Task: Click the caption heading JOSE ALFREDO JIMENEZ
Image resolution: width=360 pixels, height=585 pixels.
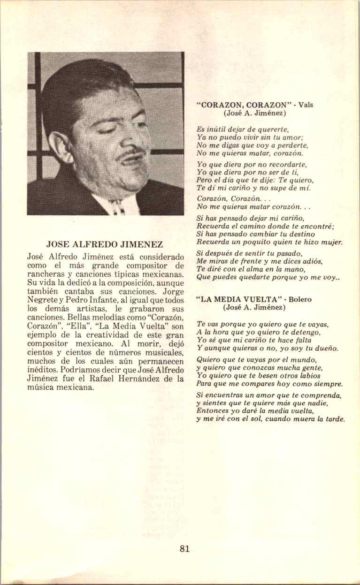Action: point(105,244)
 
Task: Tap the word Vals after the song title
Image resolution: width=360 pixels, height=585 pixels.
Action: point(305,105)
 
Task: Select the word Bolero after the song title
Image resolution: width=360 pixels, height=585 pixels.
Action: point(300,299)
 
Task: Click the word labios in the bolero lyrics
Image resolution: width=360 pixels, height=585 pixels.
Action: point(309,376)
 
